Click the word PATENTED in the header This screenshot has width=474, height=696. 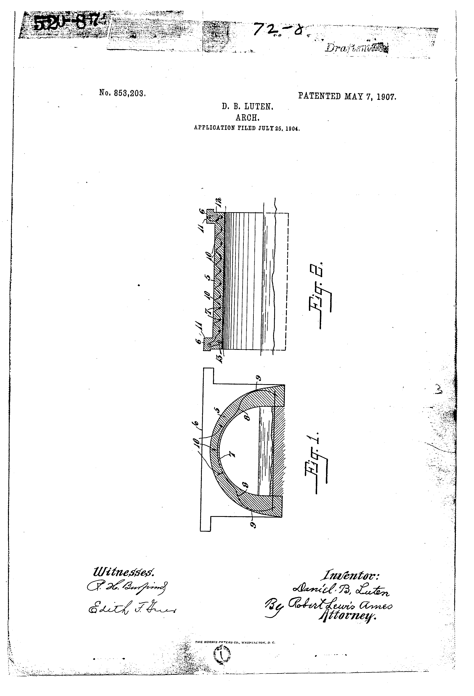click(319, 96)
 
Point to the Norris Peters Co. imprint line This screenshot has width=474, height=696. click(235, 642)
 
